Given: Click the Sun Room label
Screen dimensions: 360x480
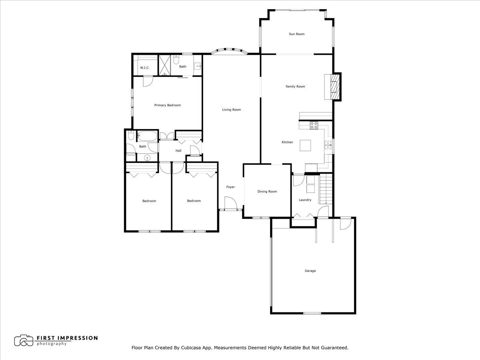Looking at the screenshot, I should [x=296, y=34].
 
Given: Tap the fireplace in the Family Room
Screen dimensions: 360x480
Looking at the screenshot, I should [x=334, y=86].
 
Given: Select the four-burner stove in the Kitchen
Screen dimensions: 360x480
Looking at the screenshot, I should [x=314, y=125].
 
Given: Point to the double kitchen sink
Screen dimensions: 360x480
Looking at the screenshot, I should [x=328, y=145].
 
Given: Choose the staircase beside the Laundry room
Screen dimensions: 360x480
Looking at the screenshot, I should [x=326, y=189].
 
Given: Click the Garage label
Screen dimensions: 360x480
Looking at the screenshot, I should [x=310, y=271].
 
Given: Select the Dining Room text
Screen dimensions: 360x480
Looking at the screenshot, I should [x=267, y=192].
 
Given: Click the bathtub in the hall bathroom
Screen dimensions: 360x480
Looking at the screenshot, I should [x=147, y=136].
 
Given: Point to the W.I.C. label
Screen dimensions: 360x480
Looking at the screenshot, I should [x=144, y=68].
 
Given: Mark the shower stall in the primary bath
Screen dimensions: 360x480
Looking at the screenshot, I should [x=165, y=65].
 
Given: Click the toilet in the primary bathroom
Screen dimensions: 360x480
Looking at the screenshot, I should [x=176, y=59].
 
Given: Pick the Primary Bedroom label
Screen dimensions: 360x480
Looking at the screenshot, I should [x=167, y=105].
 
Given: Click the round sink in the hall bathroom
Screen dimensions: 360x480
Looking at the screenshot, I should [x=147, y=158].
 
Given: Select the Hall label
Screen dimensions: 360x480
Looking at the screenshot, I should [x=178, y=151].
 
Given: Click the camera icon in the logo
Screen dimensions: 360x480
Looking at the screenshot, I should [x=24, y=340].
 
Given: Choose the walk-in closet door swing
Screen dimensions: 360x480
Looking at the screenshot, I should [x=148, y=80].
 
